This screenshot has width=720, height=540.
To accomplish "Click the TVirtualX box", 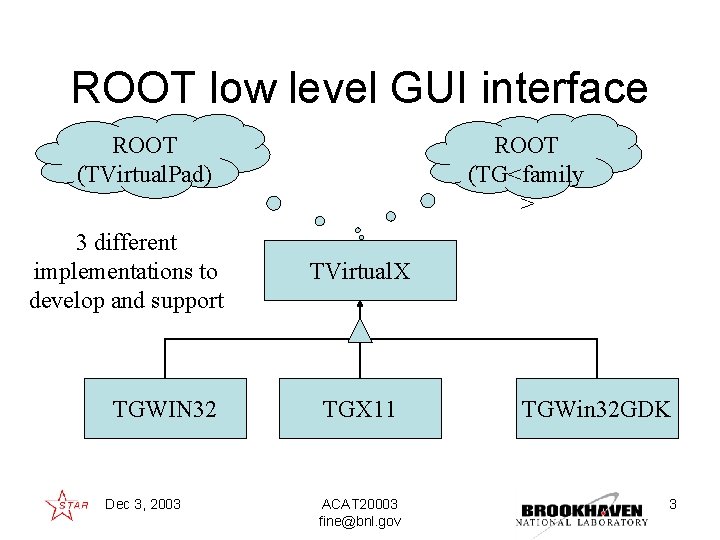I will (x=360, y=270).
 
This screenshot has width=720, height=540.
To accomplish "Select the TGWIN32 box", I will (x=165, y=408).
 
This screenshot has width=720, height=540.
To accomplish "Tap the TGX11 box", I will (x=359, y=408).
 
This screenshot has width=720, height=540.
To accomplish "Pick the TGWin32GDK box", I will (x=597, y=408).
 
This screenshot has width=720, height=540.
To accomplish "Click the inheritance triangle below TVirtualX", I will (x=360, y=331).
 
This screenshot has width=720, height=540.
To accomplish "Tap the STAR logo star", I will (x=61, y=504).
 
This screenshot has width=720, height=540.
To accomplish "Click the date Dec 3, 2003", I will (x=143, y=504).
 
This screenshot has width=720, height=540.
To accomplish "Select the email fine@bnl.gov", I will (x=360, y=522).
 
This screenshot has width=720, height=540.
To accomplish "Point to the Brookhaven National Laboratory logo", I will (x=582, y=510).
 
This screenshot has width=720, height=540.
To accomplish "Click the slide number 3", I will (x=673, y=504).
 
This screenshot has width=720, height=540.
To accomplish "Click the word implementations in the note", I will (x=125, y=271).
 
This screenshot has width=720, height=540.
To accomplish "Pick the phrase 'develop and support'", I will (x=127, y=300).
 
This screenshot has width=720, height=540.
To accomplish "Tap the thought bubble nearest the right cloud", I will (x=428, y=200).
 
